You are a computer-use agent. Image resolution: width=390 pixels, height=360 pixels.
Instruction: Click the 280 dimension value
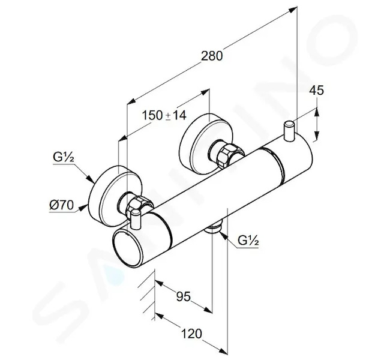212,56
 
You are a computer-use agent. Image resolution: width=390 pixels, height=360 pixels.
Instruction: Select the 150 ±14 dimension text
164,115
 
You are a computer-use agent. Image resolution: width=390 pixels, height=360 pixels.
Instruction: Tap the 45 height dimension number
316,90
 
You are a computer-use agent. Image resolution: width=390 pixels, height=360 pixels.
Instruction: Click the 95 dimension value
184,296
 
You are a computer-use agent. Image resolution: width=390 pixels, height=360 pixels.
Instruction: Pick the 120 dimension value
191,334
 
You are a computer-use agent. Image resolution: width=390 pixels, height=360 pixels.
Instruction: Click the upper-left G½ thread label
64,157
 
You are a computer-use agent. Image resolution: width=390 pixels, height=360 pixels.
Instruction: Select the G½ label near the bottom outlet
248,241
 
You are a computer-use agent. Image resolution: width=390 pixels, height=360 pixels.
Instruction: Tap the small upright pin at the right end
289,131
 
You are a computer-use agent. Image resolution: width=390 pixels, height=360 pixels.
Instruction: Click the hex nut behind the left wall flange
139,205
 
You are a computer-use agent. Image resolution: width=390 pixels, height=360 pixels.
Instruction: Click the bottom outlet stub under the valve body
214,228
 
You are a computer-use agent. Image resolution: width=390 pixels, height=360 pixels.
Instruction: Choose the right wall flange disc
206,143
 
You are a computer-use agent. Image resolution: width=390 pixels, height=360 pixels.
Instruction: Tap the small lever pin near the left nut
136,219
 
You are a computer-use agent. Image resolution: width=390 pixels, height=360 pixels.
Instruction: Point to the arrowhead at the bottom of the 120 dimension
223,350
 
